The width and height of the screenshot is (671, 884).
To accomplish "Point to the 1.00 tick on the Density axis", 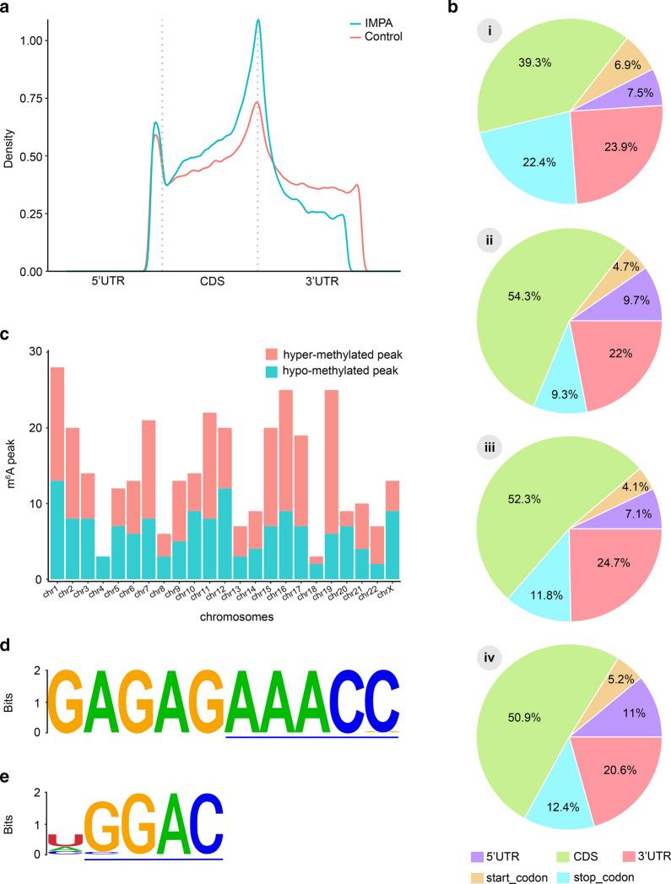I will [x=35, y=41].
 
